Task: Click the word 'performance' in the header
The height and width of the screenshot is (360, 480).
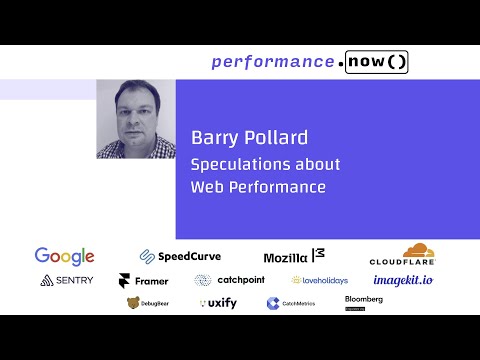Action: coord(272,62)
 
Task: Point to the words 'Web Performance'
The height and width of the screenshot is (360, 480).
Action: coord(258,186)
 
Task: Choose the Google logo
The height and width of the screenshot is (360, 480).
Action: coord(64,256)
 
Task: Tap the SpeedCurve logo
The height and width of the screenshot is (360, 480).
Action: coord(180,256)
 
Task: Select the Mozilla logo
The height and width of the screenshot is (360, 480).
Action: coord(294,257)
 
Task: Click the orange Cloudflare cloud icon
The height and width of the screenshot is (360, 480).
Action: coord(418,250)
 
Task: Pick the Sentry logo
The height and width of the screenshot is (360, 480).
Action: coord(67,281)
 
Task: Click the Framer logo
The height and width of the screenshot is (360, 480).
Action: coord(144,281)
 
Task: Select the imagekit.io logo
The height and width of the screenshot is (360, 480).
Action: coord(404,281)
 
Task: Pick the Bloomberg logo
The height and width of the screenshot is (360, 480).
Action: coord(364,300)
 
